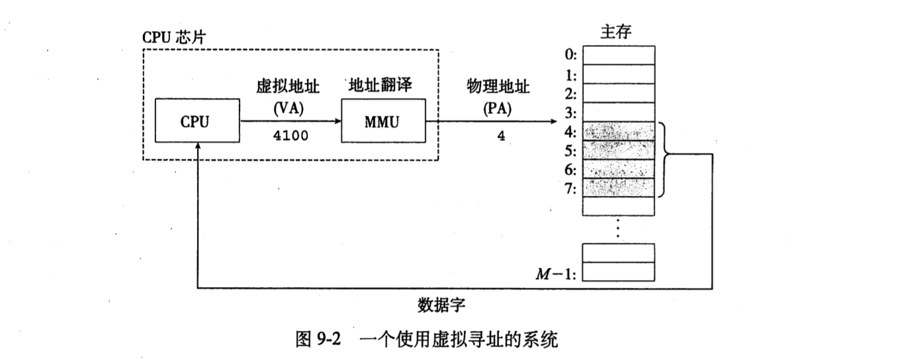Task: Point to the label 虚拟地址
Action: point(288,88)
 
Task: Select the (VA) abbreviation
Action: point(288,107)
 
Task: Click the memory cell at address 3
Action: point(619,112)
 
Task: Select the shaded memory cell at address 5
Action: point(619,150)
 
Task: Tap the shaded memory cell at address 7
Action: point(619,188)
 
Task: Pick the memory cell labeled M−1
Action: point(619,272)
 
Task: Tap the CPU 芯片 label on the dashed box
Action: point(174,37)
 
